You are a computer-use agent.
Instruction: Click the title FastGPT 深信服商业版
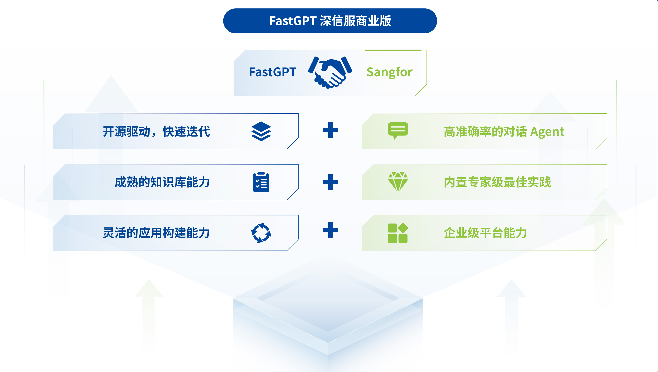pyautogui.click(x=330, y=21)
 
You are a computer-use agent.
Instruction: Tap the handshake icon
pyautogui.click(x=330, y=72)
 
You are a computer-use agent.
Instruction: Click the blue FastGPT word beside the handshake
pyautogui.click(x=272, y=72)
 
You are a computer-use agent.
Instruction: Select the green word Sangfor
pyautogui.click(x=389, y=72)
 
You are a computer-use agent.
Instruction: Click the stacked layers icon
pyautogui.click(x=261, y=131)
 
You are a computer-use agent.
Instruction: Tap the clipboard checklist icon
pyautogui.click(x=261, y=182)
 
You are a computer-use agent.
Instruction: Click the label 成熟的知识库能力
pyautogui.click(x=162, y=182)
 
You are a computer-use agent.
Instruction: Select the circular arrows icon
pyautogui.click(x=261, y=233)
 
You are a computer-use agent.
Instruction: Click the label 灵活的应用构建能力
pyautogui.click(x=156, y=233)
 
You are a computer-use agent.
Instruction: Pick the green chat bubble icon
pyautogui.click(x=398, y=131)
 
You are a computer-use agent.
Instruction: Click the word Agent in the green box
pyautogui.click(x=547, y=132)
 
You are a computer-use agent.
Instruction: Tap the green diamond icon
pyautogui.click(x=398, y=182)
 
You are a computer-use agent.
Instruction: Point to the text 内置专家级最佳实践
pyautogui.click(x=497, y=182)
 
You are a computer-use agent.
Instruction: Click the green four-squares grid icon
pyautogui.click(x=398, y=233)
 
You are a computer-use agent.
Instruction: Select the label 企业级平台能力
pyautogui.click(x=485, y=233)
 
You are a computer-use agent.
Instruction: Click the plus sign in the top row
pyautogui.click(x=330, y=130)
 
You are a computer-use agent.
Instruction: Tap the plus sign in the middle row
pyautogui.click(x=330, y=182)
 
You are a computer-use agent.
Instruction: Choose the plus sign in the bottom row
pyautogui.click(x=330, y=230)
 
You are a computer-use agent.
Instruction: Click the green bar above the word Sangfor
pyautogui.click(x=393, y=51)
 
